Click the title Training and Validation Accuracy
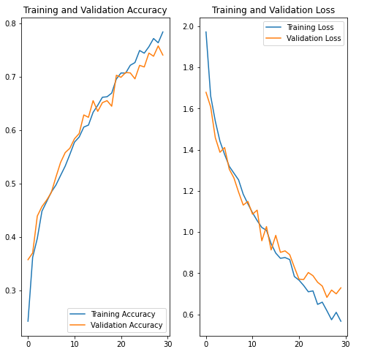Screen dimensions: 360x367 [95, 10]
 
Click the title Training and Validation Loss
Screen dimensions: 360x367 [273, 10]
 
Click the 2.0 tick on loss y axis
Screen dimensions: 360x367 [188, 26]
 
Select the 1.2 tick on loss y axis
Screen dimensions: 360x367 [188, 191]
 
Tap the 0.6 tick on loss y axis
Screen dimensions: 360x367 [188, 315]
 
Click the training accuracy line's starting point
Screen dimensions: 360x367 [28, 321]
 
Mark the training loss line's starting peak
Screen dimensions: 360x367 [206, 31]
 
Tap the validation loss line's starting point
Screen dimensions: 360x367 [206, 92]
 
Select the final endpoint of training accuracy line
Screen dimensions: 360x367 [163, 32]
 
